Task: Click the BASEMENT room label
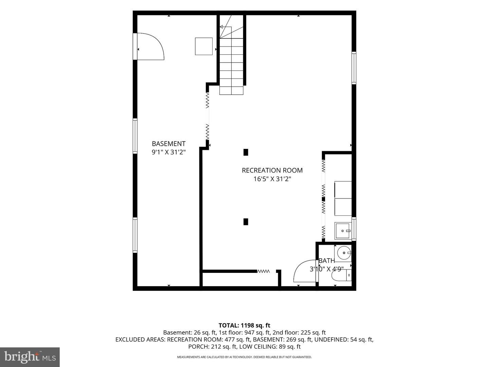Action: click(168, 143)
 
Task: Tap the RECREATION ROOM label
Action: click(272, 170)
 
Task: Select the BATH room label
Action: click(327, 261)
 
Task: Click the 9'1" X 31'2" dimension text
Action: click(168, 152)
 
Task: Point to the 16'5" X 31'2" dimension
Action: click(272, 179)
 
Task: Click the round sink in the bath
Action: click(344, 253)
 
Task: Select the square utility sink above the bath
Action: click(343, 231)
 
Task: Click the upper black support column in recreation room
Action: click(246, 152)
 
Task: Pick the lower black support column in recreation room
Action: click(246, 222)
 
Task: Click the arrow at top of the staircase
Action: click(221, 27)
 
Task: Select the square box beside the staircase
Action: click(204, 46)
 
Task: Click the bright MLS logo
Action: click(30, 357)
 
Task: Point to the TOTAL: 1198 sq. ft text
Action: click(244, 325)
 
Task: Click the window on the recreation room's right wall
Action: click(354, 68)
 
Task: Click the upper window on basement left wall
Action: click(135, 136)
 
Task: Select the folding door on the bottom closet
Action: click(263, 271)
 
